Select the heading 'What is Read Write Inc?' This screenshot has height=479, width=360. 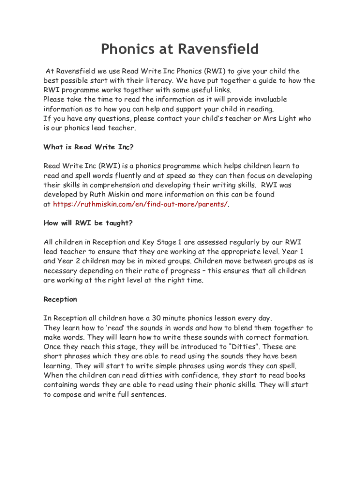pos(88,147)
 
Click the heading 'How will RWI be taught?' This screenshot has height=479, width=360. pos(88,223)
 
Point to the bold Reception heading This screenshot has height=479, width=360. pos(60,299)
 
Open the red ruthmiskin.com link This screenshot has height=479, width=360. pos(140,204)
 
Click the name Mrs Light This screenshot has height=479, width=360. pos(281,119)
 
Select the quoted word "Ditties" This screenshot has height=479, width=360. pos(241,347)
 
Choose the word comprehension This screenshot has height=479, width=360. pos(110,185)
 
